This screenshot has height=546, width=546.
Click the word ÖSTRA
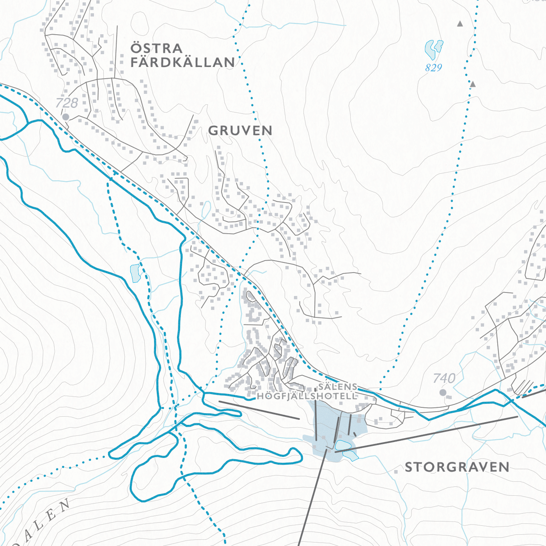coord(156,48)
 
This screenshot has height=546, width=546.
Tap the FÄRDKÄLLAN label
coord(183,62)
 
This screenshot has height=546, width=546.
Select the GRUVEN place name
coord(240,131)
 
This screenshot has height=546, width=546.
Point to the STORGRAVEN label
coord(457,467)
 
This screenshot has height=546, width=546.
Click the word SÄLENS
coord(338,387)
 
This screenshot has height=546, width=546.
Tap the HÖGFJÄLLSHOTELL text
coord(307,396)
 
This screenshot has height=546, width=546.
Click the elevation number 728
coord(67,103)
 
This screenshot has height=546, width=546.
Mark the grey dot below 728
coord(66,117)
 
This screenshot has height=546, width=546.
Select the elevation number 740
coord(444,378)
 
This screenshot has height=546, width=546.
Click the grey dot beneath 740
coord(443,392)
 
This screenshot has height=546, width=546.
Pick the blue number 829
coord(434,68)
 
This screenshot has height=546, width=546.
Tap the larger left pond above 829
coord(430,50)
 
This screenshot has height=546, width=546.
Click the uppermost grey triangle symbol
coord(460,24)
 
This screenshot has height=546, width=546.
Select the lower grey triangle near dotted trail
coord(473,84)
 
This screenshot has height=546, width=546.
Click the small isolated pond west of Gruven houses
coord(135,273)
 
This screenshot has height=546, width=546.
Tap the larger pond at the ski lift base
coord(343,445)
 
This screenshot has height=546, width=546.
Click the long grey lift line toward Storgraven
coord(429,433)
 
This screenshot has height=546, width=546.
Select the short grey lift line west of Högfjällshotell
coord(259,410)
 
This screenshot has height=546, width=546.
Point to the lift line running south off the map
coord(312,498)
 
